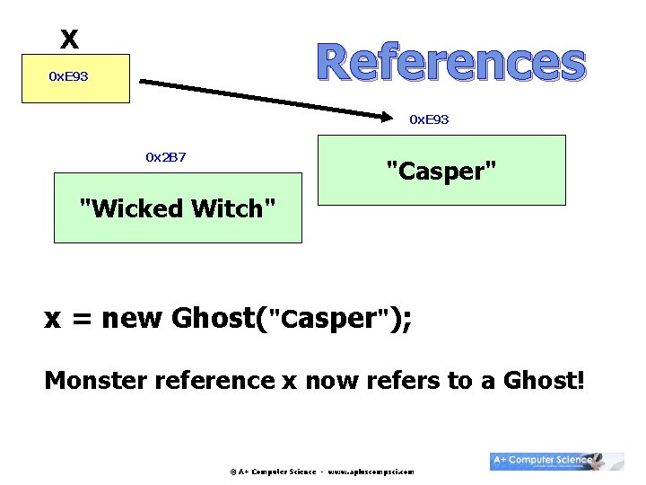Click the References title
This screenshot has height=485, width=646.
coord(451,62)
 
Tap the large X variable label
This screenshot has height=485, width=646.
coord(69,39)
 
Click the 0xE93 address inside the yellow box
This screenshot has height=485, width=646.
coord(68,76)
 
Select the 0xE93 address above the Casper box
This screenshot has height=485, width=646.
coord(429,119)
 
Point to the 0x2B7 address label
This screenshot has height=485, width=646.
coord(166,157)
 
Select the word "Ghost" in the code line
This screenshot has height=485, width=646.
coord(213,318)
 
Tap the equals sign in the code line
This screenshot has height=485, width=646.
coord(80,320)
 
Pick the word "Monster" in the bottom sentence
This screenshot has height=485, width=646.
coord(96,381)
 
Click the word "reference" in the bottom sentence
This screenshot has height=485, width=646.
coord(215,381)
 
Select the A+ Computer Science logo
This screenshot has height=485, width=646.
coord(556,460)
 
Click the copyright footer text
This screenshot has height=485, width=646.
coord(321,471)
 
